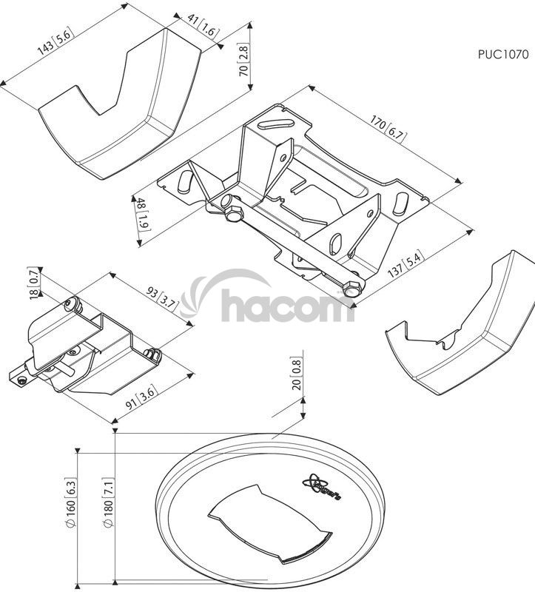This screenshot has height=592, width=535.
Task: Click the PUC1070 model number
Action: click(x=503, y=54)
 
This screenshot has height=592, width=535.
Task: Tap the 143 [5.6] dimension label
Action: click(x=54, y=41)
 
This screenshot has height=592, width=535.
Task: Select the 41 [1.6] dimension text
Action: click(x=203, y=25)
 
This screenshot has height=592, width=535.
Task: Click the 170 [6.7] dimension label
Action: click(x=388, y=129)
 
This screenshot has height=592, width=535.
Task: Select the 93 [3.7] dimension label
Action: click(x=161, y=298)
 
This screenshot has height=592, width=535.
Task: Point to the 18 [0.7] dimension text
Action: click(x=34, y=283)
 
